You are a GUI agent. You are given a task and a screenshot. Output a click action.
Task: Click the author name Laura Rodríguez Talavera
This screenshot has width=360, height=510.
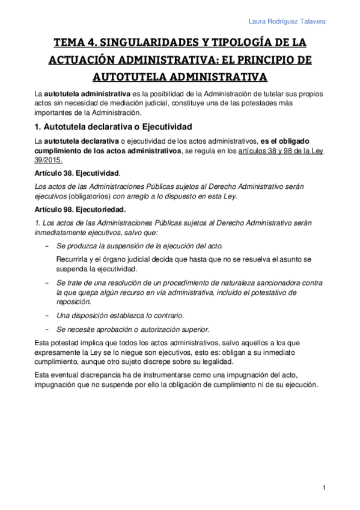coord(287,22)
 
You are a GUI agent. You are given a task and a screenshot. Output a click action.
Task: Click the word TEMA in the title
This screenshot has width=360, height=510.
coord(70,43)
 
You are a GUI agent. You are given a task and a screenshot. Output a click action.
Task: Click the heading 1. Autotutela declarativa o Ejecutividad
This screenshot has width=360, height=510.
coord(113,127)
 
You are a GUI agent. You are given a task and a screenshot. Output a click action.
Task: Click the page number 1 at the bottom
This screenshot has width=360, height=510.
coord(323,487)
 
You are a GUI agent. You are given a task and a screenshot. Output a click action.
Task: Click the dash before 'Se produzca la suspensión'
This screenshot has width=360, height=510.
coord(47,247)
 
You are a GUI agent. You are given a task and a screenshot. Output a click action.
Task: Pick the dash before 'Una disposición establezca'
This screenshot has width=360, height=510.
coord(47,316)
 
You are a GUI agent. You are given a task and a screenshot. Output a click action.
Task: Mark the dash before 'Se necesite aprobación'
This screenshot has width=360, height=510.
coord(47,329)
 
